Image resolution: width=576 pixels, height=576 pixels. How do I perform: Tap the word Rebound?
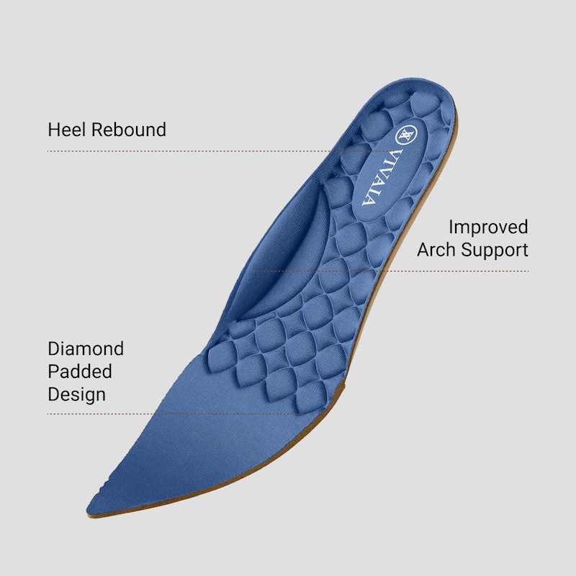[129, 130]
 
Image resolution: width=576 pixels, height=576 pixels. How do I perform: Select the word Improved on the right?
[488, 228]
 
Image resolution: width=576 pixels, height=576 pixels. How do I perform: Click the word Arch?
[436, 250]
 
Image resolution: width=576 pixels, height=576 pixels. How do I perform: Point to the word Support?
[495, 251]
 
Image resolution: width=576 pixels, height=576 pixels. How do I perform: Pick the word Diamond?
[86, 348]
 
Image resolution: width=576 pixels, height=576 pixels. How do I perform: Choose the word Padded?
[80, 372]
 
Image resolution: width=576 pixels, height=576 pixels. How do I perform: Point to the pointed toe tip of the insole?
[88, 510]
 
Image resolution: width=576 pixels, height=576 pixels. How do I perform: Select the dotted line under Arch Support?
[392, 271]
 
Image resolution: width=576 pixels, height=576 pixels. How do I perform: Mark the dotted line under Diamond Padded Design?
[174, 414]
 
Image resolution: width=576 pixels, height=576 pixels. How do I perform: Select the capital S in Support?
[467, 250]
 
